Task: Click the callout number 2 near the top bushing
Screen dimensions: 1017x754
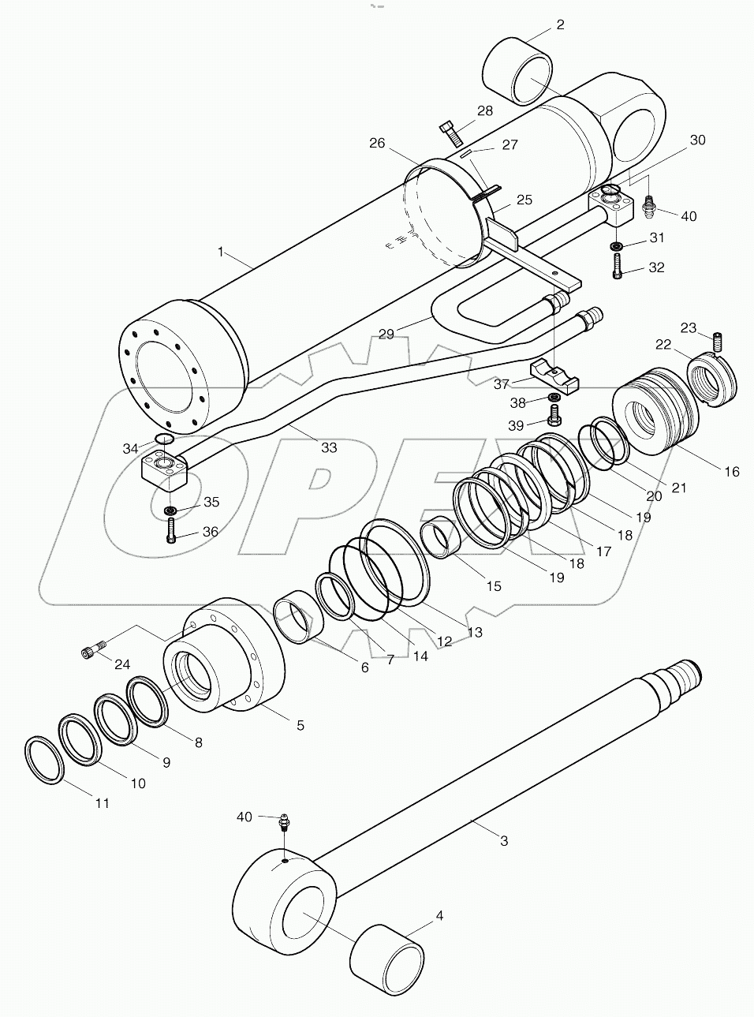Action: tap(559, 24)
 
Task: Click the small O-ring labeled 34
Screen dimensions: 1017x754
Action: tap(164, 439)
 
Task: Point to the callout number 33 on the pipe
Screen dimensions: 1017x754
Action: tap(328, 447)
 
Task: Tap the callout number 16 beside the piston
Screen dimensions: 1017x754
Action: tap(732, 471)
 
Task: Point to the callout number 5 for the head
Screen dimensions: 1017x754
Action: tap(300, 724)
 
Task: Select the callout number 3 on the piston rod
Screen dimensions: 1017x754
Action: tap(504, 840)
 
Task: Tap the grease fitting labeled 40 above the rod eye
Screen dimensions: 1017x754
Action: tap(283, 822)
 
